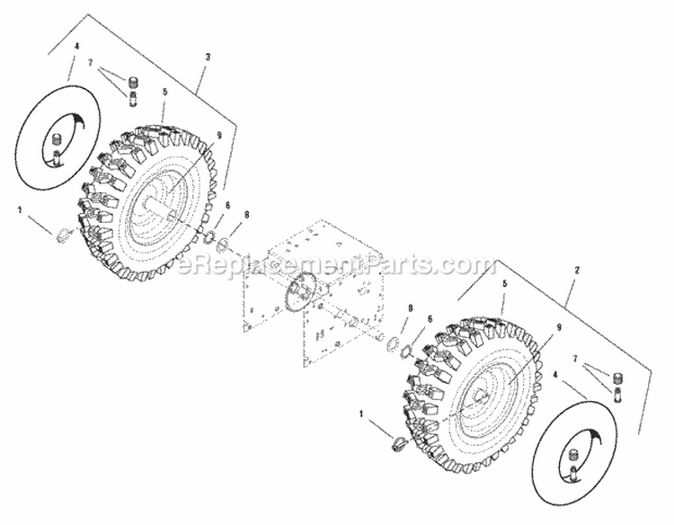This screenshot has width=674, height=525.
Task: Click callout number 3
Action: pyautogui.click(x=208, y=57)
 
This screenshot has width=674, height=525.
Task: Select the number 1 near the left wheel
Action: pyautogui.click(x=19, y=209)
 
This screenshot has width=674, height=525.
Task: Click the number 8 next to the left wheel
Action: pyautogui.click(x=246, y=216)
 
